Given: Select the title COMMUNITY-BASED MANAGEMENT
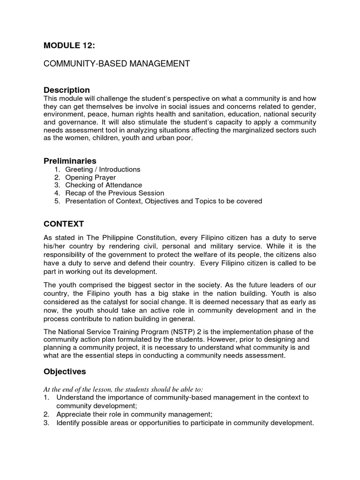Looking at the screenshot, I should click(117, 64).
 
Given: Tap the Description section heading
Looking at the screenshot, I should click(67, 90).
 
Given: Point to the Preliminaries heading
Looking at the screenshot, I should click(70, 161).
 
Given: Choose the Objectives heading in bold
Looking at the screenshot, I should click(65, 371).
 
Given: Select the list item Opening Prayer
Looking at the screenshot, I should click(91, 177).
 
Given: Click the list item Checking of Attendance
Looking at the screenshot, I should click(103, 185).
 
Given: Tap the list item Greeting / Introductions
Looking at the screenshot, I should click(103, 169).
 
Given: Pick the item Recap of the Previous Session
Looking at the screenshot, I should click(114, 193).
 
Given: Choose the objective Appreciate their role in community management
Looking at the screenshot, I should click(134, 414).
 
